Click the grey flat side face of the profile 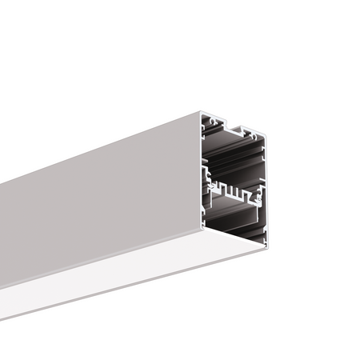tap(96, 200)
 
